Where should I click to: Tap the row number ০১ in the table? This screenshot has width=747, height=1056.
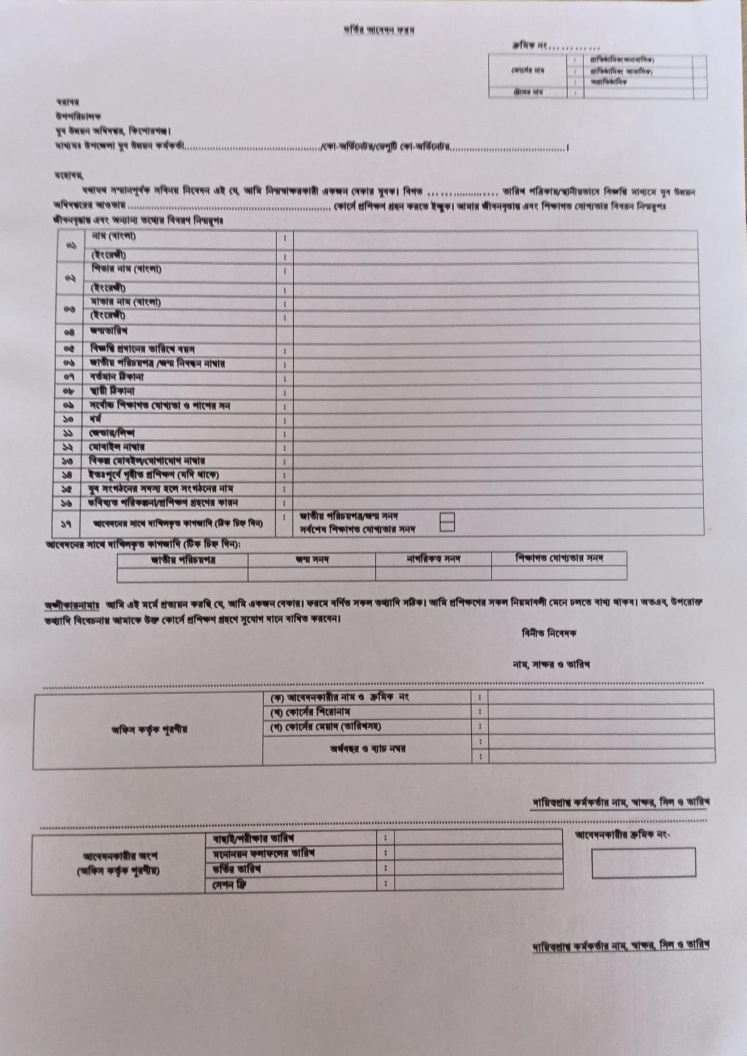tap(71, 245)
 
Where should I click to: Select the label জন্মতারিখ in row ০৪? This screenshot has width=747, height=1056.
tap(109, 331)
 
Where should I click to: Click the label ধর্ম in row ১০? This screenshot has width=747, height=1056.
tap(96, 419)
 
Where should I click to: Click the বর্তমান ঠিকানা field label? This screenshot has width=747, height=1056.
tap(117, 378)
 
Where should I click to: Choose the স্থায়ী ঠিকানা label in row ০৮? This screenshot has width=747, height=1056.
tap(113, 391)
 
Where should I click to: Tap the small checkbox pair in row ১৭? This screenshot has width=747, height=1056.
tap(447, 522)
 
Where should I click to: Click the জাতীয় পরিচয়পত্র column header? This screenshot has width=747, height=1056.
tap(183, 560)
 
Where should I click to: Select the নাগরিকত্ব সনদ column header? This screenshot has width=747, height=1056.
tap(433, 559)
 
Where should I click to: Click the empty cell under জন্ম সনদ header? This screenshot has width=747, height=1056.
tap(311, 574)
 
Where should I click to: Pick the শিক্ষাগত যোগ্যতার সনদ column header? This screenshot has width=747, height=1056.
tap(559, 558)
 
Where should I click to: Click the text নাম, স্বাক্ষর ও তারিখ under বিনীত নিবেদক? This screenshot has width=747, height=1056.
tap(551, 664)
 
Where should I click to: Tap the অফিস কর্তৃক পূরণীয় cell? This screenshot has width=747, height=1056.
tap(149, 729)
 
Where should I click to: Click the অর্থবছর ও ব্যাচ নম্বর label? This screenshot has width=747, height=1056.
tap(368, 748)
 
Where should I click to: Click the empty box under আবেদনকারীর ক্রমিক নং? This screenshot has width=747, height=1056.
tap(643, 863)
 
